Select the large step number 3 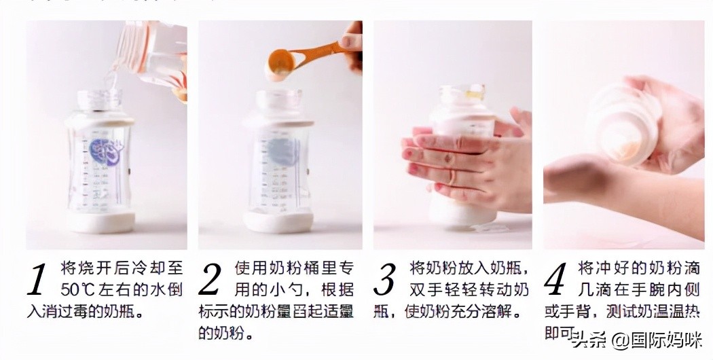point(388,280)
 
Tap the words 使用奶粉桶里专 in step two point(293,267)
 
